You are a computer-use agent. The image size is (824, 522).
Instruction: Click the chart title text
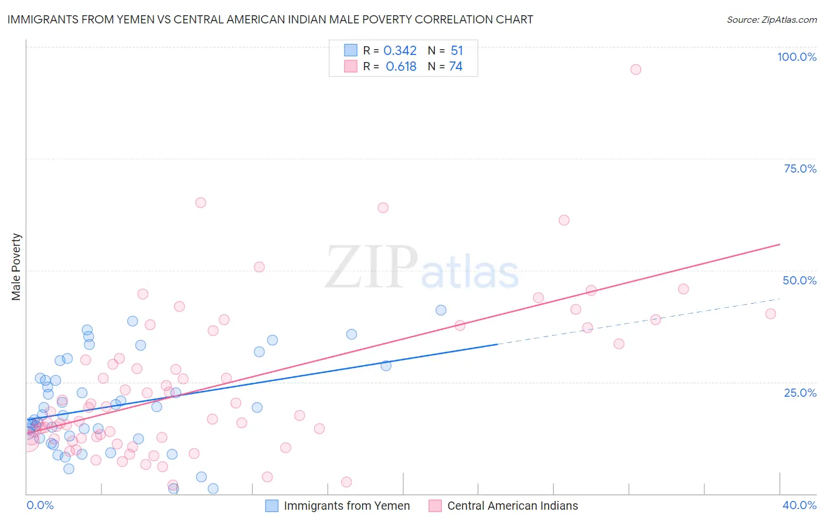(270, 19)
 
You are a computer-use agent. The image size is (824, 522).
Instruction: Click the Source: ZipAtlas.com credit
(771, 19)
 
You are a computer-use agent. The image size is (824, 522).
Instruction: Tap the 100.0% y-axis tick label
(796, 57)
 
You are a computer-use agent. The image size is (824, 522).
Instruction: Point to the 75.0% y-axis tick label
(799, 169)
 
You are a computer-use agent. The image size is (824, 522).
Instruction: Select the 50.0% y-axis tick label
(799, 280)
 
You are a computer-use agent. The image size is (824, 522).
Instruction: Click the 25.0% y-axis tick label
(799, 392)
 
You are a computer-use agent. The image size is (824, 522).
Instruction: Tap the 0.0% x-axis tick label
(40, 505)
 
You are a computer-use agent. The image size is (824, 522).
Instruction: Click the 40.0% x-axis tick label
(799, 505)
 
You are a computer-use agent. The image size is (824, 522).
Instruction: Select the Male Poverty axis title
(16, 267)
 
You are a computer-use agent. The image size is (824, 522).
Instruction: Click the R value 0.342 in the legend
(400, 51)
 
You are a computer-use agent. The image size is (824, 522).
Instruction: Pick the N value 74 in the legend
(455, 67)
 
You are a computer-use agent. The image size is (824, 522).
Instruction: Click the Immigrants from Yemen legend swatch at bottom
(271, 506)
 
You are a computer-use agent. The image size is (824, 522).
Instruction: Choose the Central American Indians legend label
(512, 506)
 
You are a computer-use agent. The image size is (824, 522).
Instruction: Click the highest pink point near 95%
(635, 70)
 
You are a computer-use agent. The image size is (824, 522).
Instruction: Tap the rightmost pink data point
(770, 314)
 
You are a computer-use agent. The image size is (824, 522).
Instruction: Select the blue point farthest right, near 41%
(441, 310)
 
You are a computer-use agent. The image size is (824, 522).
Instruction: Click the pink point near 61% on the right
(564, 220)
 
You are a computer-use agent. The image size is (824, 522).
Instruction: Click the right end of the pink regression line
(779, 244)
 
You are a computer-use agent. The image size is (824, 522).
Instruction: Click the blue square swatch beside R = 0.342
(350, 50)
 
